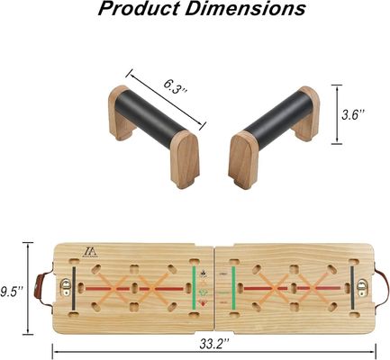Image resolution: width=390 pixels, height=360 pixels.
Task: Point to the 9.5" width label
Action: pos(13,289)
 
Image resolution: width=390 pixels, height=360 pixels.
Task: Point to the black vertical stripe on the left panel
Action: pos(77,288)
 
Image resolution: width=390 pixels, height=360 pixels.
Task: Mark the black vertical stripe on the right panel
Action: pos(349,288)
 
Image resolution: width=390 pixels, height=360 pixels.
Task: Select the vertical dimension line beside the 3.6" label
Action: pos(338,113)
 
